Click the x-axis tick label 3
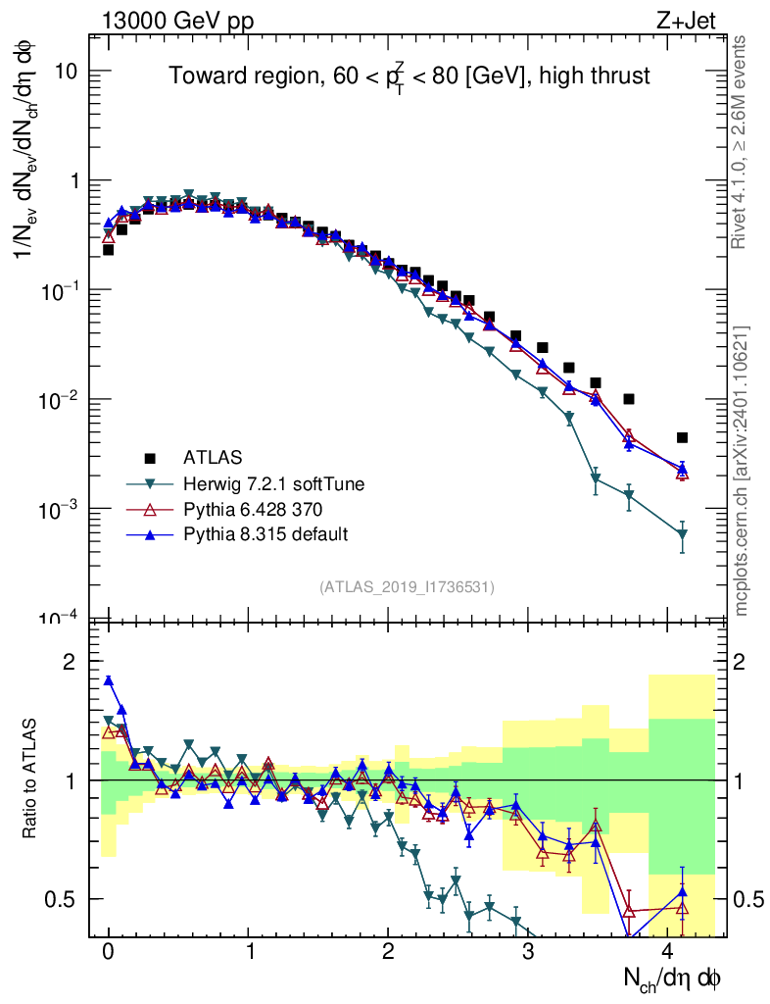528,953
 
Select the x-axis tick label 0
109,953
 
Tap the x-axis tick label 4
668,953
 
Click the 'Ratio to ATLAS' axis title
31,779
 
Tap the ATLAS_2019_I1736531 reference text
407,587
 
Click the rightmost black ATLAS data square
682,437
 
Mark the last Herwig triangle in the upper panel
682,534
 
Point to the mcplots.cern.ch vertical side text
742,471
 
